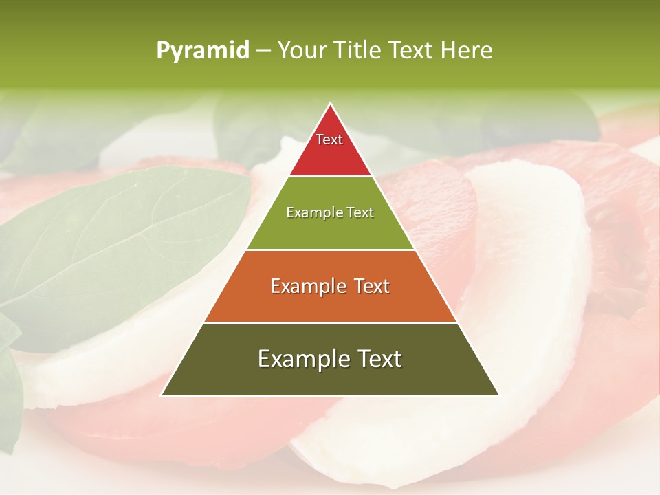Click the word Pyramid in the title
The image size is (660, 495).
tap(203, 51)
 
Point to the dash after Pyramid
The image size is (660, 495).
tap(263, 51)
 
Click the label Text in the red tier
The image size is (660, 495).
tap(329, 140)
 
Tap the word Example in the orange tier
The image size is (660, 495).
tap(302, 286)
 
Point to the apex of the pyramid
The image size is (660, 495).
tap(330, 104)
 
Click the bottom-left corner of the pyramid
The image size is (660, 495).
tap(162, 395)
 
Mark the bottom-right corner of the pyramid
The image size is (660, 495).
tap(498, 395)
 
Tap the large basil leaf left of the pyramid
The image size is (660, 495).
tap(124, 241)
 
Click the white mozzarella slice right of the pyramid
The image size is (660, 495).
tap(529, 275)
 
